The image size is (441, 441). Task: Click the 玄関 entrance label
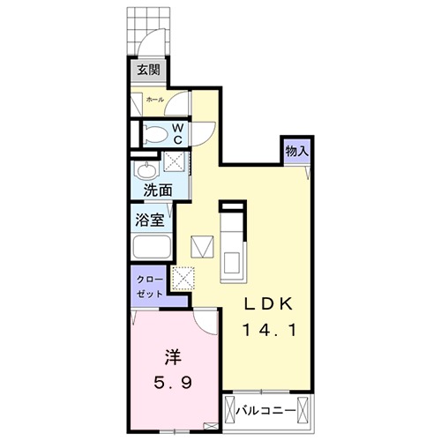pos(147,71)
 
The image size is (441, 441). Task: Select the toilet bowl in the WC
pos(154,135)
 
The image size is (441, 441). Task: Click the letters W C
pos(177,133)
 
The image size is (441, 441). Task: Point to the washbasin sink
pos(145,168)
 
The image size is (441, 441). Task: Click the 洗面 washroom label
pos(158,190)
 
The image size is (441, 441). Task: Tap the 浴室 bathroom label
pos(146,218)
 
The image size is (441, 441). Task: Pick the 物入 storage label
pos(296,152)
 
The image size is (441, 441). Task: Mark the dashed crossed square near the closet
pos(184,278)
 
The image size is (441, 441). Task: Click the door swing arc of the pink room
pos(204,321)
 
